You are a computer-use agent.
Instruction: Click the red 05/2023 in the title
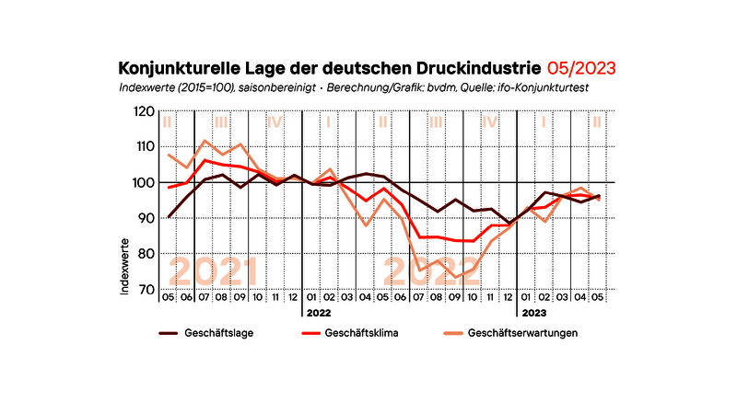coord(580,68)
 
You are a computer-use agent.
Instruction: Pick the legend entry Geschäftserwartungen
coord(523,332)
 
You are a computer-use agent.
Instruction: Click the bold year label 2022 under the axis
coord(319,313)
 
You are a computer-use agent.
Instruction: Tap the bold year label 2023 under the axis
coord(533,313)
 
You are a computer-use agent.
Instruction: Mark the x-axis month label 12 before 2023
coord(508,297)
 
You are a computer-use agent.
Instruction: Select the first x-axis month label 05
coord(169,297)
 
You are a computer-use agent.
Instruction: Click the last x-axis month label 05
coord(598,297)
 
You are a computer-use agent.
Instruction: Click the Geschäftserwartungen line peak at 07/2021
coord(205,141)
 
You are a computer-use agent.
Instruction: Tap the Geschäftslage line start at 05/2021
coord(169,217)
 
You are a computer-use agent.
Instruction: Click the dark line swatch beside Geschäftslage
coord(168,332)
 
